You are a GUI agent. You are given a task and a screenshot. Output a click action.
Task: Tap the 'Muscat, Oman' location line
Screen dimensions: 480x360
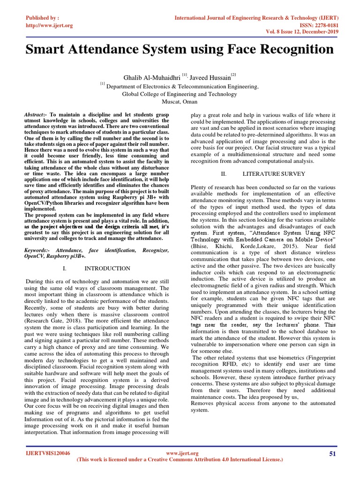click(x=180, y=102)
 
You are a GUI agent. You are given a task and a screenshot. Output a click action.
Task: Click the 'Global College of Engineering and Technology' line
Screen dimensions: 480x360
click(x=180, y=94)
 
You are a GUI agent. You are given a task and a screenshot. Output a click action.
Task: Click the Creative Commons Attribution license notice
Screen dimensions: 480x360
click(x=180, y=460)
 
